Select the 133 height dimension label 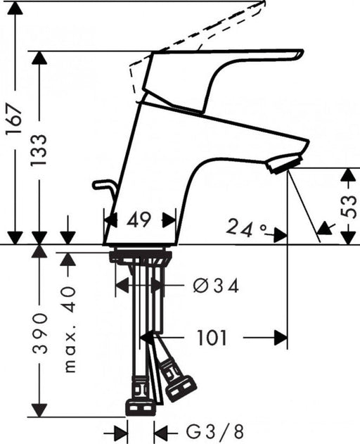click(x=40, y=149)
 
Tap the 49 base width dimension click(x=139, y=220)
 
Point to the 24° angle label click(x=247, y=227)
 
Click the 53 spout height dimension click(x=349, y=205)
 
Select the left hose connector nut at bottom click(x=139, y=406)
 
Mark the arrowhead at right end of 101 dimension click(x=281, y=338)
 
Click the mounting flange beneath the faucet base click(x=141, y=256)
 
